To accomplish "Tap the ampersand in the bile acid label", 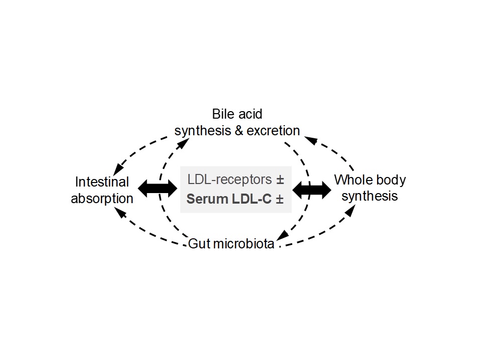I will [239, 131].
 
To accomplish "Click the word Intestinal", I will [102, 182].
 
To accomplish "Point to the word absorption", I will [102, 198].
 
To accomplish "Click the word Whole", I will [351, 179].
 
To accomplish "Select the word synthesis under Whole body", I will [370, 196].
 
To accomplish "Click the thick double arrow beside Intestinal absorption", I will [157, 189].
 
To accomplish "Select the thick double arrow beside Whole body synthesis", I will [312, 189].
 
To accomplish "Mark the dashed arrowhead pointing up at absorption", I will [119, 212].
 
